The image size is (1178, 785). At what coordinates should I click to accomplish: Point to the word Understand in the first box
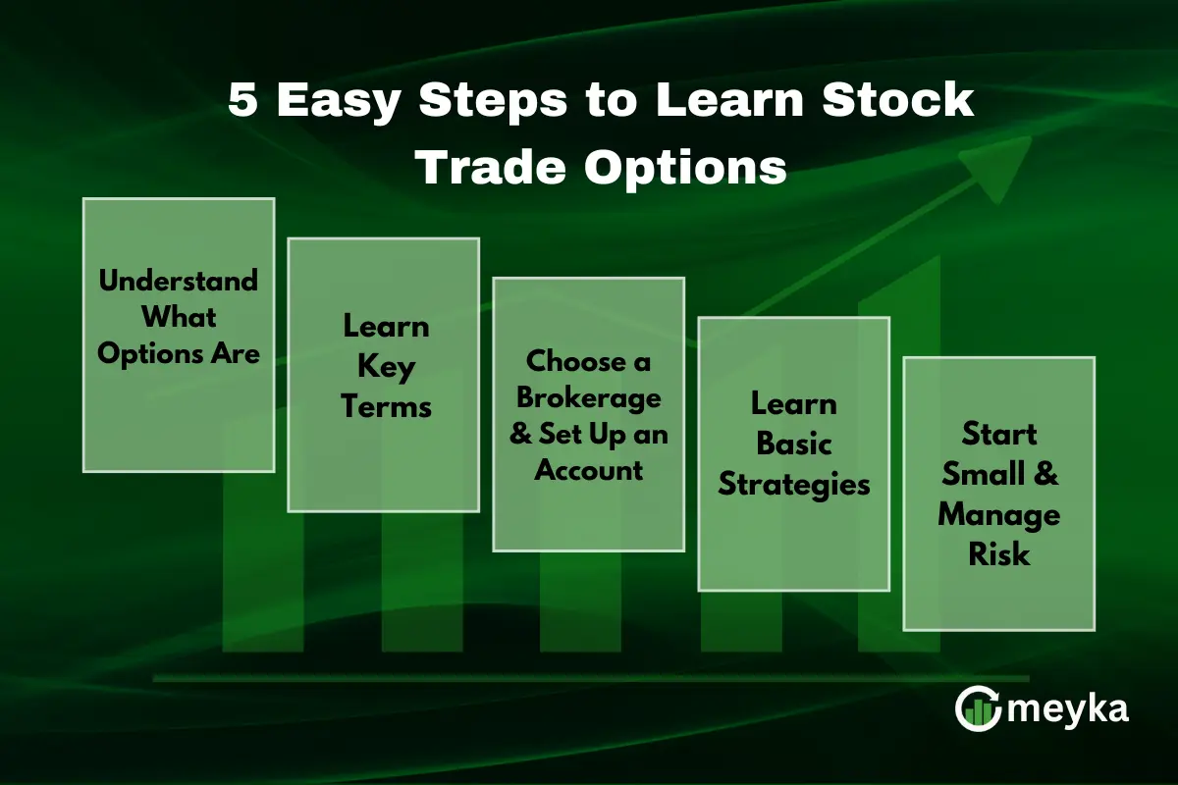pyautogui.click(x=179, y=281)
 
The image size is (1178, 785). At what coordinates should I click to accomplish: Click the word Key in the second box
pyautogui.click(x=387, y=366)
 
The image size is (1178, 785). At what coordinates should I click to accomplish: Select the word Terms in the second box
pyautogui.click(x=387, y=405)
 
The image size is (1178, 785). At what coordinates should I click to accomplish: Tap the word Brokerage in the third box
pyautogui.click(x=589, y=399)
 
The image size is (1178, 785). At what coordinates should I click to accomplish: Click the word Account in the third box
pyautogui.click(x=589, y=470)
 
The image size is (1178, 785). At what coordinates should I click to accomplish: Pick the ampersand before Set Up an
pyautogui.click(x=520, y=435)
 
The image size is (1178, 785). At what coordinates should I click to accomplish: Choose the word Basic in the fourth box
pyautogui.click(x=793, y=444)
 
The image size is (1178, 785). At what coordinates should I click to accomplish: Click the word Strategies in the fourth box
pyautogui.click(x=793, y=484)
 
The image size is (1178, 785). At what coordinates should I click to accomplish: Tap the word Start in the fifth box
pyautogui.click(x=999, y=434)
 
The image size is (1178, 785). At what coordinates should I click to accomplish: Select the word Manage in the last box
pyautogui.click(x=999, y=515)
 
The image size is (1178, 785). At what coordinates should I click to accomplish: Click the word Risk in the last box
pyautogui.click(x=999, y=554)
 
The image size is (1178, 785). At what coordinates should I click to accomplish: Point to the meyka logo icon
pyautogui.click(x=977, y=707)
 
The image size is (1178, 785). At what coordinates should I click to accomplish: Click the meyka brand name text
pyautogui.click(x=1068, y=708)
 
